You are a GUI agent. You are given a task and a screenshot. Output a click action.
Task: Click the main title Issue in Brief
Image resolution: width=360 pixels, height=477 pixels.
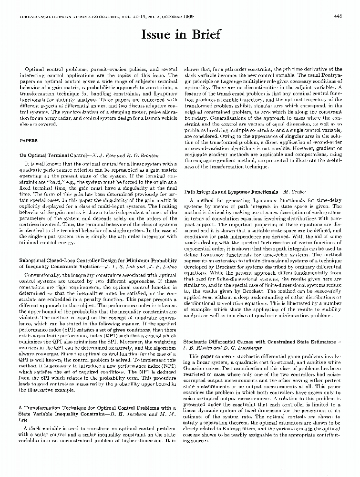tap(181, 35)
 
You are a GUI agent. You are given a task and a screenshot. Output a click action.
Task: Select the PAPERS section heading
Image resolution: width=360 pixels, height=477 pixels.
tap(28, 141)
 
